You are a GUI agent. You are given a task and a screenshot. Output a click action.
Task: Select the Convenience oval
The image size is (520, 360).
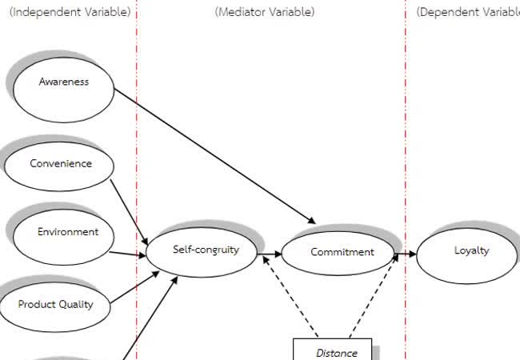61,165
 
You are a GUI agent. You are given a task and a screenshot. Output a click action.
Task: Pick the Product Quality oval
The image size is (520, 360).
56,305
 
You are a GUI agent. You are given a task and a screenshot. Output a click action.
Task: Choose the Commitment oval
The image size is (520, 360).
342,253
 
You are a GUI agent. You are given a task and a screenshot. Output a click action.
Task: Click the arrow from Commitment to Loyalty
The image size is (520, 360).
406,254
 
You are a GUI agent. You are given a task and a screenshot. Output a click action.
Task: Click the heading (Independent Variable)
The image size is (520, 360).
70,12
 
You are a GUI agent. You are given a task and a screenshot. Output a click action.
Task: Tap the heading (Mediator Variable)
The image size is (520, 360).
265,12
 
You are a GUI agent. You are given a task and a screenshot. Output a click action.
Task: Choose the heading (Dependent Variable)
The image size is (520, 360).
468,12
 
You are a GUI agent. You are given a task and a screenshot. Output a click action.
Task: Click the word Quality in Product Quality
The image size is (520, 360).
76,305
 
